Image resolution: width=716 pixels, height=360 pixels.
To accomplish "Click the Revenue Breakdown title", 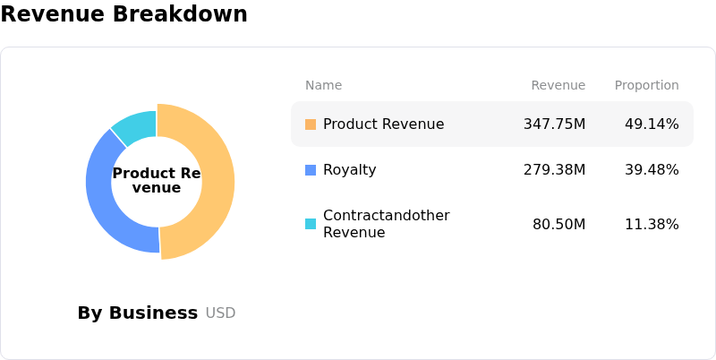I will pyautogui.click(x=124, y=14).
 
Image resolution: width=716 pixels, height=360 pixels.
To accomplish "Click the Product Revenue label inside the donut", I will pyautogui.click(x=157, y=180).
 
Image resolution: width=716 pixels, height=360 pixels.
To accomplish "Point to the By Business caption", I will pyautogui.click(x=137, y=313).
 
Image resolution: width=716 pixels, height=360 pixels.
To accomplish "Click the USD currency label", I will pyautogui.click(x=220, y=313).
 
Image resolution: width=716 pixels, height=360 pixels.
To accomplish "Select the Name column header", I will pyautogui.click(x=323, y=85).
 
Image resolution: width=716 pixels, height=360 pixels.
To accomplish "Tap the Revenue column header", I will pyautogui.click(x=558, y=85).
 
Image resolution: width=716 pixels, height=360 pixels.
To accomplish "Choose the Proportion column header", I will pyautogui.click(x=646, y=85).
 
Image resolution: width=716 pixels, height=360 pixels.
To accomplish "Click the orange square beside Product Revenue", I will pyautogui.click(x=311, y=124).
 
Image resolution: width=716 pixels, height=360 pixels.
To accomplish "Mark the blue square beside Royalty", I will pyautogui.click(x=311, y=170).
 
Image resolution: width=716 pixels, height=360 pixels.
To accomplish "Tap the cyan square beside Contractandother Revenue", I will pyautogui.click(x=311, y=224).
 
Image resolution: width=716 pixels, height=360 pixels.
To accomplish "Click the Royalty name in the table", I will pyautogui.click(x=351, y=170).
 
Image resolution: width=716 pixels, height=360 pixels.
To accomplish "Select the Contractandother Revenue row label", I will pyautogui.click(x=386, y=224).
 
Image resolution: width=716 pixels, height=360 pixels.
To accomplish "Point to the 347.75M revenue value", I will pyautogui.click(x=554, y=124).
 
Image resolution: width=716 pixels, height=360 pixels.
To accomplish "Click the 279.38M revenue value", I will pyautogui.click(x=554, y=170).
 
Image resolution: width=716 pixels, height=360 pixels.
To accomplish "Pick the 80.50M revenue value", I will pyautogui.click(x=558, y=224).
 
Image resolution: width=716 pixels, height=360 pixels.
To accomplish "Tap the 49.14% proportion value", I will pyautogui.click(x=652, y=124).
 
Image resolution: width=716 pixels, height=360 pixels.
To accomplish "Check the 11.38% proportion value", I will pyautogui.click(x=652, y=224).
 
